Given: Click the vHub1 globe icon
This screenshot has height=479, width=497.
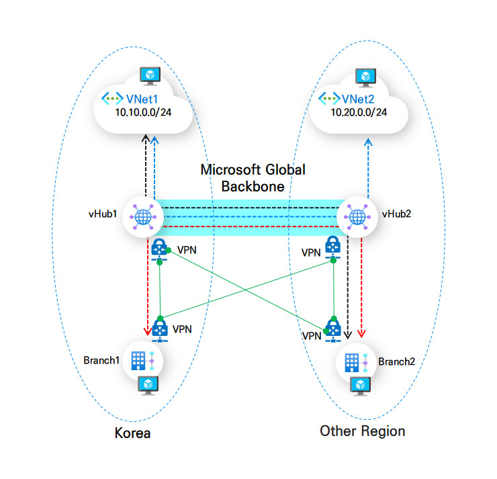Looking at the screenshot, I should coord(142,217).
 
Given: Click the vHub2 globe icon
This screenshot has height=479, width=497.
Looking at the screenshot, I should coord(356,217).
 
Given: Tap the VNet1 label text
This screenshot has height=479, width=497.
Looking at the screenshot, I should coord(141,98).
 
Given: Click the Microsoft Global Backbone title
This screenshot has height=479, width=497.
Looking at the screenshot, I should coord(253,177).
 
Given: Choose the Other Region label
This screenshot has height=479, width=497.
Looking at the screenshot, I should coord(363,431).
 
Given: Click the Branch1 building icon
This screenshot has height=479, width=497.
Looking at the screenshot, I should coord(138,361).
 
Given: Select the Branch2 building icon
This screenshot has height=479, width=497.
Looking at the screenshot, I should coord(351,362).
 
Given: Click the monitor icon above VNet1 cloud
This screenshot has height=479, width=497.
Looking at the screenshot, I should coord(147,75).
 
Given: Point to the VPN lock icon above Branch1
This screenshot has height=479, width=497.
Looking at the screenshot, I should coord(159,328).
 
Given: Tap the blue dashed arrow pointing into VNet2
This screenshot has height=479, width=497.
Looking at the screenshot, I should coord(367,168).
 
